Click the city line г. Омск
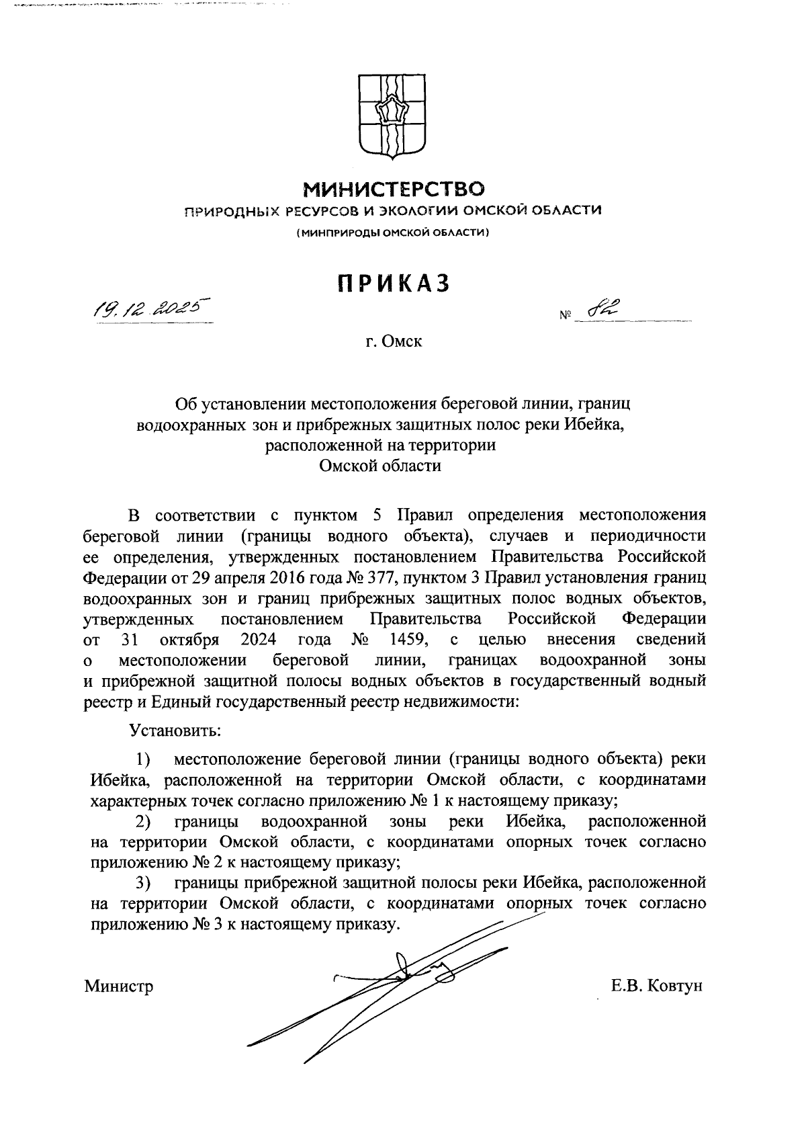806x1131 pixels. coord(394,342)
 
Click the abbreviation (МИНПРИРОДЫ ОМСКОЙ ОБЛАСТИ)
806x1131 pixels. coord(393,233)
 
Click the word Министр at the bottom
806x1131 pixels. coord(119,987)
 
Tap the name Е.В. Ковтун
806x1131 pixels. coord(656,987)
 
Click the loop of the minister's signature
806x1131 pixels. coord(401,965)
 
